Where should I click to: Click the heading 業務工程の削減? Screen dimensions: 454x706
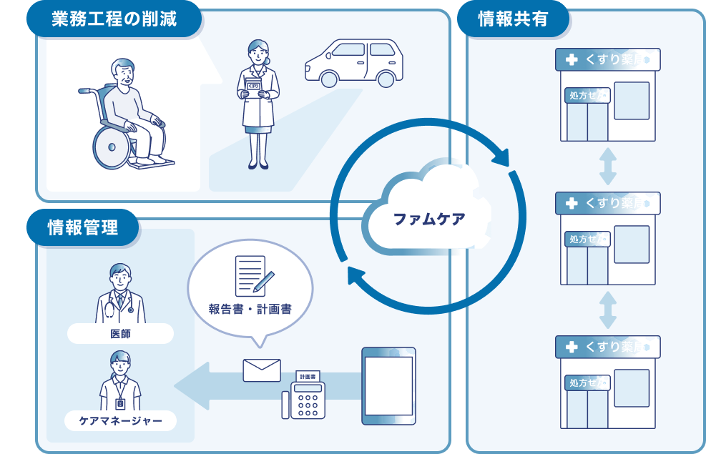click(114, 19)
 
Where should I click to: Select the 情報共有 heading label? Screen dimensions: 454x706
click(512, 19)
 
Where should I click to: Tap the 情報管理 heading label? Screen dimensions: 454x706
click(82, 227)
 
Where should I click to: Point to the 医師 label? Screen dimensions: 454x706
click(120, 333)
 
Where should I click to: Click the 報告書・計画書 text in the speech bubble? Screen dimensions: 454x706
click(250, 310)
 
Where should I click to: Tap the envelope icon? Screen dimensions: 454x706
click(262, 370)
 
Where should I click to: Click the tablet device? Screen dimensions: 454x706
click(388, 385)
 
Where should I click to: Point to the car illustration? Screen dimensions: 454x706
click(353, 62)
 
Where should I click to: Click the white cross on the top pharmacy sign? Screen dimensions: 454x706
click(571, 60)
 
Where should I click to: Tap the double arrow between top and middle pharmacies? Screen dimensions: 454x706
click(607, 167)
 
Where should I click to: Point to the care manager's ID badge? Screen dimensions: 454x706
click(120, 403)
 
